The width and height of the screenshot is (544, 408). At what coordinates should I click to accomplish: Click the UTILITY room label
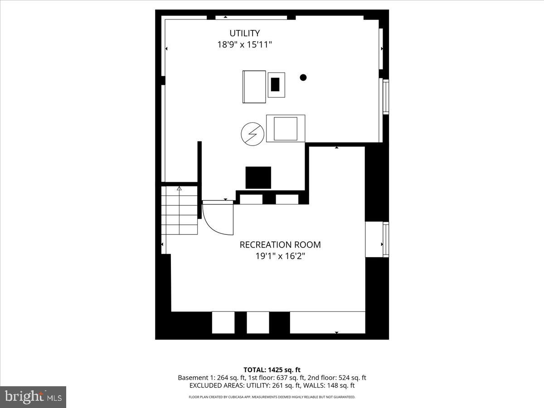tap(244, 33)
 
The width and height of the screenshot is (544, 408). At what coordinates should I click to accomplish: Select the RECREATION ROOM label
tap(280, 245)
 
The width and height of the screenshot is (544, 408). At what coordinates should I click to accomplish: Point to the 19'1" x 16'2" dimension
tap(280, 256)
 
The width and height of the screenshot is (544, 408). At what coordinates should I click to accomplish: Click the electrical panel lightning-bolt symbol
tap(252, 133)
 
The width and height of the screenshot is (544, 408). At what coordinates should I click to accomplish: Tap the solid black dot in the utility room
tap(303, 78)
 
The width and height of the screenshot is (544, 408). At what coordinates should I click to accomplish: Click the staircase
tap(180, 212)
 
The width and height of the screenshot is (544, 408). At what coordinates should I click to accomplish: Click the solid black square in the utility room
tap(258, 178)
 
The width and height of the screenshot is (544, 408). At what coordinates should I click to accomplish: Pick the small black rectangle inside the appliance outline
tap(275, 85)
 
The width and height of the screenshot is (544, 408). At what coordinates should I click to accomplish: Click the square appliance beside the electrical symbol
tap(286, 128)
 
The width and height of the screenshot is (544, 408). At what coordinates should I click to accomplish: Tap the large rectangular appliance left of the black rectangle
tap(254, 87)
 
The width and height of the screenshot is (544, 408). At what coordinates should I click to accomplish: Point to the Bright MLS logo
tap(33, 397)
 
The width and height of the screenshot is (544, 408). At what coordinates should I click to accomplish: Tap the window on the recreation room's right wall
tap(385, 239)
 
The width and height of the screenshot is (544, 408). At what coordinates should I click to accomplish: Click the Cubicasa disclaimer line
tap(272, 397)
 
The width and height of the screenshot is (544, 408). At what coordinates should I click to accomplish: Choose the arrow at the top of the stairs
tap(179, 188)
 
